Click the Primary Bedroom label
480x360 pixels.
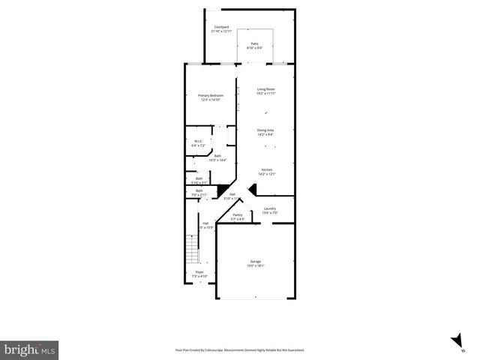211,95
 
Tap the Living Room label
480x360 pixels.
266,89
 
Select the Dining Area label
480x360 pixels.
265,130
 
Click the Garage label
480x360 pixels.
256,261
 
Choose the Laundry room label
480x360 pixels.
270,208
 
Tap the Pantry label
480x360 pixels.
237,215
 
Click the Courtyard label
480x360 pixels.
221,27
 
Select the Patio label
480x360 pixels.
255,43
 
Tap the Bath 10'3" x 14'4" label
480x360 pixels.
217,156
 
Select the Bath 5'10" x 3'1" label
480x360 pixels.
199,178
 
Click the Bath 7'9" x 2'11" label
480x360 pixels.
199,190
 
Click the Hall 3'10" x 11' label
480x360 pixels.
232,194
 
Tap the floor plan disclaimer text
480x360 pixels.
240,349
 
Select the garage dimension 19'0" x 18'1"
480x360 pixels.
256,265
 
